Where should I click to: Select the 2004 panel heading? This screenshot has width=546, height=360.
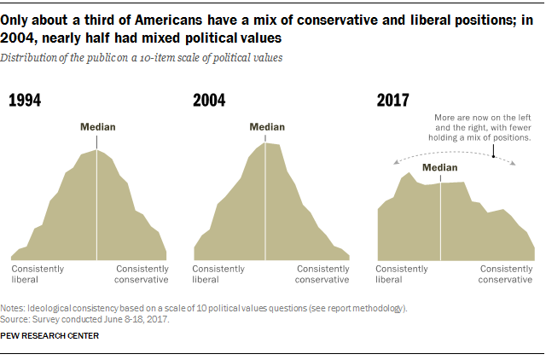click(x=209, y=101)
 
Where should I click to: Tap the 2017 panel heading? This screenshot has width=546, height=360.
click(x=393, y=101)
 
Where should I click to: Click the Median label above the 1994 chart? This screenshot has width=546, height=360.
click(x=97, y=127)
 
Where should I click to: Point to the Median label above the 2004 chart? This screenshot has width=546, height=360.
click(x=267, y=127)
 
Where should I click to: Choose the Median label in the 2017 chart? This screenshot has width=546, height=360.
click(x=440, y=168)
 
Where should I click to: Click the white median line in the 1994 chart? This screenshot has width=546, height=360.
click(x=97, y=205)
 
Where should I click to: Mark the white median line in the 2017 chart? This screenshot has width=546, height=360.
click(x=440, y=222)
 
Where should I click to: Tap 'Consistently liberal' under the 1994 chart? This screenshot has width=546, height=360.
click(x=38, y=274)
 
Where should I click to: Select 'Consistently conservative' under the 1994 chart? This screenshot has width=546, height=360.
click(x=142, y=274)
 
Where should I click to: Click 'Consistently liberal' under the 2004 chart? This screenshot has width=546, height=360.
click(x=220, y=274)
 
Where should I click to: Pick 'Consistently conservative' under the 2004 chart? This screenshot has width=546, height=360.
click(x=322, y=274)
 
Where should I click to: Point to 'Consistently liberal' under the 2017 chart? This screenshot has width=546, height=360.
click(x=402, y=274)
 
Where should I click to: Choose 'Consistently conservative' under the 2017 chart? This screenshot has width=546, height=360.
click(x=507, y=274)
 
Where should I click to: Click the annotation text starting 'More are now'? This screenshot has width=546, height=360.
click(x=482, y=125)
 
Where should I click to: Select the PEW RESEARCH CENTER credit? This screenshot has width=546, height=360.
click(x=50, y=336)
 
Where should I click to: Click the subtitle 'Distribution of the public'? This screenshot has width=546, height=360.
click(x=142, y=57)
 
